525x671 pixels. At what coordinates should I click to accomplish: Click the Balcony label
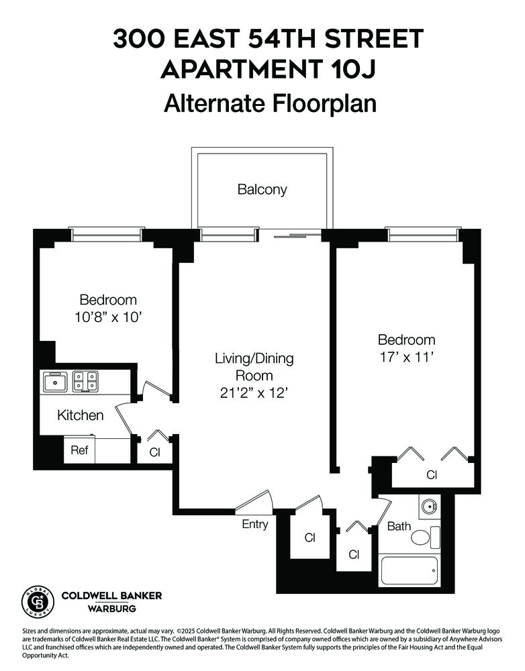click(262, 189)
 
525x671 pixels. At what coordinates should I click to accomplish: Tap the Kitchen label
click(80, 415)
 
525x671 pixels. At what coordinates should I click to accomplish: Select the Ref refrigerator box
click(79, 450)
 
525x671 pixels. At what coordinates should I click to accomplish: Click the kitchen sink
click(54, 382)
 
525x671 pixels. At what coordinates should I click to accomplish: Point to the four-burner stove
click(85, 381)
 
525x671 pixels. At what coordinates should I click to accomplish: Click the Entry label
click(255, 524)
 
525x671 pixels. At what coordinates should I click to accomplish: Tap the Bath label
click(399, 527)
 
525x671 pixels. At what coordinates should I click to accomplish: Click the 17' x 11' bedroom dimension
click(405, 358)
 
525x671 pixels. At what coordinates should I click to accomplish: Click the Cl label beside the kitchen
click(155, 452)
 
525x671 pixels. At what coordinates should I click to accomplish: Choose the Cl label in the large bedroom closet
click(432, 475)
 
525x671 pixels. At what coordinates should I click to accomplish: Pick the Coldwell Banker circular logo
click(38, 601)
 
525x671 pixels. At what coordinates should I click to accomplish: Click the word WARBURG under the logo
click(111, 609)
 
